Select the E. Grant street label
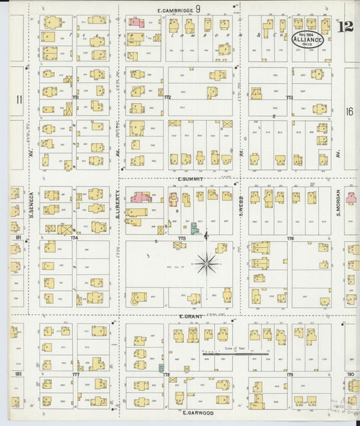[192, 316]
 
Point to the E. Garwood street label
[197, 412]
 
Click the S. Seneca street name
[32, 203]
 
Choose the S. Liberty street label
[118, 203]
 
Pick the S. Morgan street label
[338, 203]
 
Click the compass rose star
[207, 263]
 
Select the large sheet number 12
[346, 27]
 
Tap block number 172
[167, 97]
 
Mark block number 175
[182, 238]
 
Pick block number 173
[289, 97]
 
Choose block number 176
[290, 238]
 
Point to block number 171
[76, 97]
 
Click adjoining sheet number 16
[350, 111]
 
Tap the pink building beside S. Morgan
[351, 198]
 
